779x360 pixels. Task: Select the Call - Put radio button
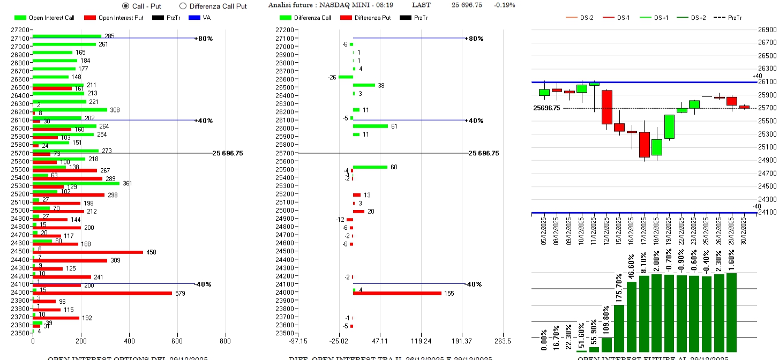pos(126,6)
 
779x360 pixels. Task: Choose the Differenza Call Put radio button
pos(183,6)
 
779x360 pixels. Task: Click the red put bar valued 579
pos(102,293)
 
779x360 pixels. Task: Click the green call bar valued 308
pos(70,110)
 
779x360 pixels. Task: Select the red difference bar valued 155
pos(397,293)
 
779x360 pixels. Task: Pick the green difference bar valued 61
pos(370,126)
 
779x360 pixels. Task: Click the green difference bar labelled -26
pos(346,77)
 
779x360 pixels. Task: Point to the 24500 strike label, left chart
pos(20,251)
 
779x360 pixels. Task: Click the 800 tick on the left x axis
pos(226,341)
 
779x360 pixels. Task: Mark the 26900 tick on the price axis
pos(767,29)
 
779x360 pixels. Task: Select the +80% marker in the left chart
pos(204,39)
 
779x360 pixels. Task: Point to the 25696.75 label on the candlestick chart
pos(546,108)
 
